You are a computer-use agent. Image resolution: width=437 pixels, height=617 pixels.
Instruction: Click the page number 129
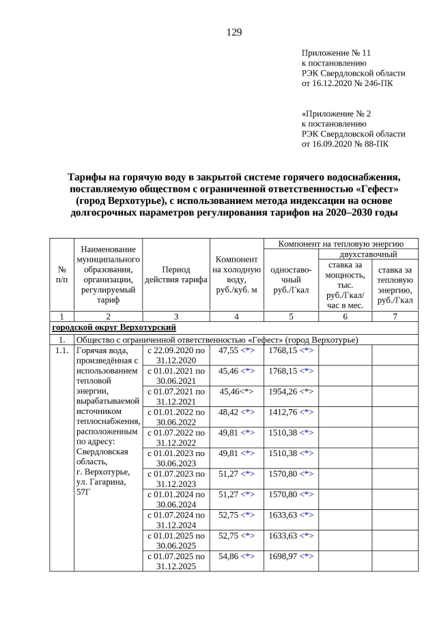pyautogui.click(x=234, y=32)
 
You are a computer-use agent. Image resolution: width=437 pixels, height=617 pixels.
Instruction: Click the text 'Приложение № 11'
pyautogui.click(x=336, y=52)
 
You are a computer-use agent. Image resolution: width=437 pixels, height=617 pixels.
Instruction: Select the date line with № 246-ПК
pyautogui.click(x=347, y=83)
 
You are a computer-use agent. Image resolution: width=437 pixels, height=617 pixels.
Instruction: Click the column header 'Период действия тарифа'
pyautogui.click(x=176, y=274)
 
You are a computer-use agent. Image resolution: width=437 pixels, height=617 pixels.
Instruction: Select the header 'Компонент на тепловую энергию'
pyautogui.click(x=341, y=243)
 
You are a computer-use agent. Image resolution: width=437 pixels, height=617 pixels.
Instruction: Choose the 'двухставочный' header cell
pyautogui.click(x=368, y=254)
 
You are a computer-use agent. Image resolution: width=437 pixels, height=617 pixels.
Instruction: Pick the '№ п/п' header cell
pyautogui.click(x=62, y=274)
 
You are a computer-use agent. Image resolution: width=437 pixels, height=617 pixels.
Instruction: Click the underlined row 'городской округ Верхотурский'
pyautogui.click(x=115, y=328)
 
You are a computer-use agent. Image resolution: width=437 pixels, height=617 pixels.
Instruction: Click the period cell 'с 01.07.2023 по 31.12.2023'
pyautogui.click(x=176, y=478)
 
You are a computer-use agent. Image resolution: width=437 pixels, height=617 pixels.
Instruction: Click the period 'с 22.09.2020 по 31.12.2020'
pyautogui.click(x=176, y=355)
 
